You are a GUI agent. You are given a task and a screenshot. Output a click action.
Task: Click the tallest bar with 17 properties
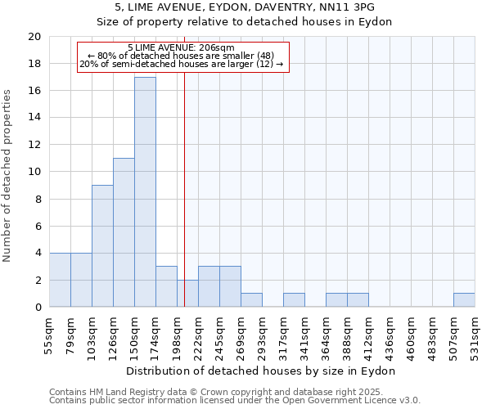tap(145, 192)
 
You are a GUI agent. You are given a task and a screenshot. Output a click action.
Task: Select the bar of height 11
tap(124, 233)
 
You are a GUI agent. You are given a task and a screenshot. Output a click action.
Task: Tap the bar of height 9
tap(102, 246)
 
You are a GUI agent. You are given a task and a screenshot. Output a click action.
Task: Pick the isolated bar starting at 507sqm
tap(464, 300)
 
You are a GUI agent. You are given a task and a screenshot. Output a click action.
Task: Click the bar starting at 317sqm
tap(294, 300)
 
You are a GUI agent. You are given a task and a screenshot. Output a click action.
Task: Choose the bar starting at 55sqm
tap(60, 280)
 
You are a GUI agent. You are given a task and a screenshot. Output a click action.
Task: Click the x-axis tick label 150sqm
tap(134, 337)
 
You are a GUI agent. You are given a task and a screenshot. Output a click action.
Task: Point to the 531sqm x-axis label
tap(475, 337)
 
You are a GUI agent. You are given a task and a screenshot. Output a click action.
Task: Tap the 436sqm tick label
tap(390, 337)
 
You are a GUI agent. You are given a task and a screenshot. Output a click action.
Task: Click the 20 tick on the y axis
tap(34, 37)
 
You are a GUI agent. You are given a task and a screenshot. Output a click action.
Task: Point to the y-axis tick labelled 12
tap(34, 145)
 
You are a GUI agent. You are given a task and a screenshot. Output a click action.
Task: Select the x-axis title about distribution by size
tap(261, 371)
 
